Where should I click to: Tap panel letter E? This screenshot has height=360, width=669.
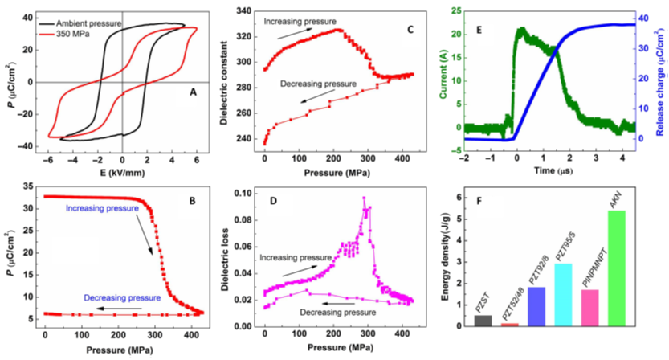pos(479,30)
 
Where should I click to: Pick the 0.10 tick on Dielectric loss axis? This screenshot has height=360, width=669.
pos(248,194)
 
